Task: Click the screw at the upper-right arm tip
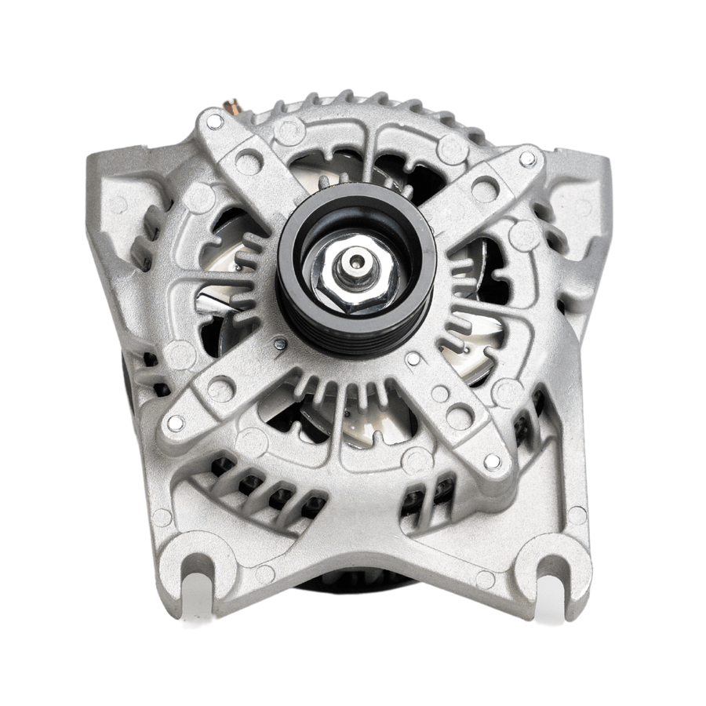pyautogui.click(x=527, y=158)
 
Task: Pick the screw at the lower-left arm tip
pyautogui.click(x=176, y=422)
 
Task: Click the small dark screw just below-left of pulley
pyautogui.click(x=280, y=344)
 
